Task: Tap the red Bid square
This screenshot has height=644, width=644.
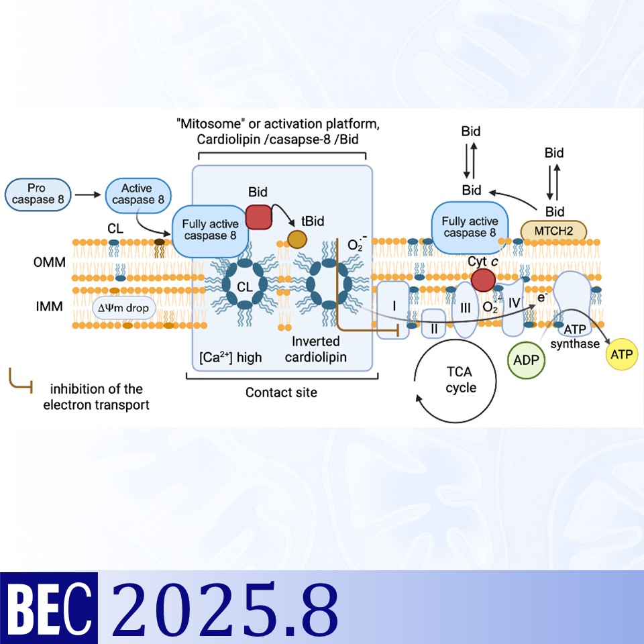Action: pyautogui.click(x=258, y=217)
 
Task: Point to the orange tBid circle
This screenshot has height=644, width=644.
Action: pyautogui.click(x=297, y=239)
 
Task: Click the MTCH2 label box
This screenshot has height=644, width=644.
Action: pyautogui.click(x=553, y=231)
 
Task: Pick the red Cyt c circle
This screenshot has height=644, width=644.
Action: pyautogui.click(x=482, y=279)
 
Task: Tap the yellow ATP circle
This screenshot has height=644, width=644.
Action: pyautogui.click(x=621, y=354)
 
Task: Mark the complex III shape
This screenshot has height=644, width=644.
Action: pyautogui.click(x=465, y=309)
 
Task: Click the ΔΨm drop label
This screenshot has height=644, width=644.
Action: pyautogui.click(x=125, y=309)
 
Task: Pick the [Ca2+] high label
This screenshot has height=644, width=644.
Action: pyautogui.click(x=230, y=357)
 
